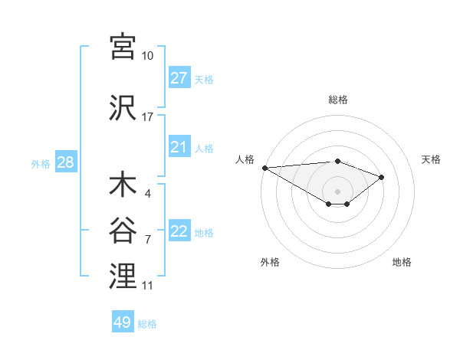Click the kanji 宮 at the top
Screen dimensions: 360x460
pos(123,47)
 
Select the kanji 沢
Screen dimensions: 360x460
pos(123,108)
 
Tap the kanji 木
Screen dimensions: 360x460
pos(123,186)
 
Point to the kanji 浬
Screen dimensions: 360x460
pos(123,277)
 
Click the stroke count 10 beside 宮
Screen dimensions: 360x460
pos(147,56)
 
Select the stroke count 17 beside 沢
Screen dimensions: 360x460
pos(147,117)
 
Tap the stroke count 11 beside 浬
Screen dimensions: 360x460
pos(147,286)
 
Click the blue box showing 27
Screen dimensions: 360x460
pos(179,78)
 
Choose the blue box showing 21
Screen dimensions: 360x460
pos(179,147)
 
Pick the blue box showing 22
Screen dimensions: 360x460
pos(179,231)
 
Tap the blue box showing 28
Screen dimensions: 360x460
pos(65,162)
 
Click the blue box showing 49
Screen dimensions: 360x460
pos(123,322)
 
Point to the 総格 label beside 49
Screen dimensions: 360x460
pos(147,324)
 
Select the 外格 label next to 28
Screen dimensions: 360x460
pos(41,163)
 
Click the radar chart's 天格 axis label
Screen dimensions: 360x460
pos(431,159)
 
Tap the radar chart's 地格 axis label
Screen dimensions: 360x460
pos(402,262)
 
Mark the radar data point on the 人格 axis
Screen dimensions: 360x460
pos(264,167)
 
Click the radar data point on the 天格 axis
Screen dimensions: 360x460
pos(381,177)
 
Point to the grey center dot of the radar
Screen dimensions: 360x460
pos(337,190)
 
